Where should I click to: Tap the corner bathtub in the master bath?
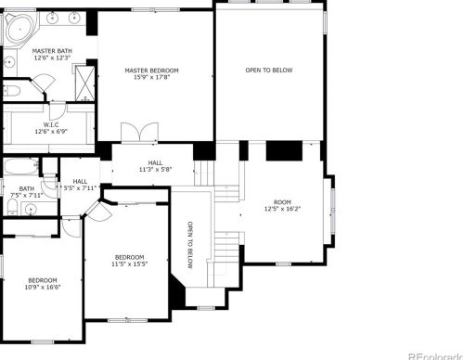[19, 30]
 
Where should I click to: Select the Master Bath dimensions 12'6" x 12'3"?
[52, 58]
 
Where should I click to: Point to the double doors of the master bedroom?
[139, 133]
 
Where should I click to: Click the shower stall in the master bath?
[84, 83]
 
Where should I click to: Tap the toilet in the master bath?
[11, 91]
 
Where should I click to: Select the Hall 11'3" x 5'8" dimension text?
[155, 170]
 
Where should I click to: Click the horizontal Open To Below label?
[269, 71]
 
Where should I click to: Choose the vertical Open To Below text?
[190, 245]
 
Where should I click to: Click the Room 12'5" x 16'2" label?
[282, 205]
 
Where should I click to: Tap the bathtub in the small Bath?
[21, 166]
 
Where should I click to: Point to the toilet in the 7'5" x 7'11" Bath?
[12, 206]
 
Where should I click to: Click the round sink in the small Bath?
[31, 208]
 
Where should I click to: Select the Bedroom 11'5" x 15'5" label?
[129, 261]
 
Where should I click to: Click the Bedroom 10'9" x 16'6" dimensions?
[43, 287]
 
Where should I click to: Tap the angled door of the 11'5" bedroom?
[98, 211]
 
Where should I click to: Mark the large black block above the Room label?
[284, 151]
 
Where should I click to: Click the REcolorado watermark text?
[435, 356]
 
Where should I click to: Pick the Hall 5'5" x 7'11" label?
[80, 185]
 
